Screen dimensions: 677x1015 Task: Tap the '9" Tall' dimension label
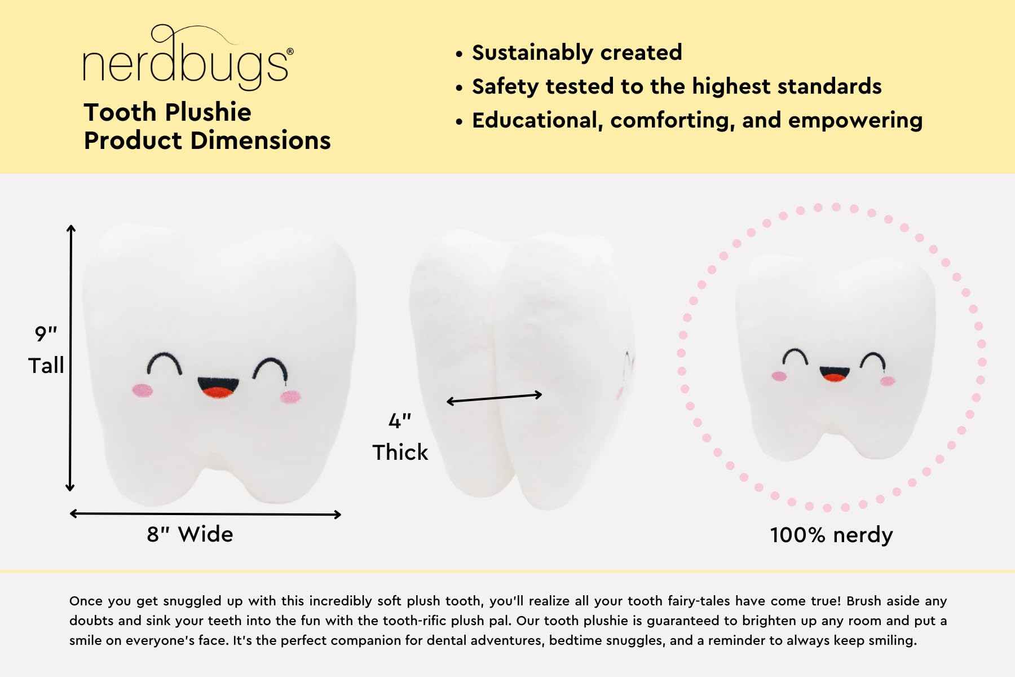tap(46, 350)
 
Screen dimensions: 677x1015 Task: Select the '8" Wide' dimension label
tap(189, 534)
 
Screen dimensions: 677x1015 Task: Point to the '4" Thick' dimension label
tap(400, 437)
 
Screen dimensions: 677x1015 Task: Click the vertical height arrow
tap(70, 358)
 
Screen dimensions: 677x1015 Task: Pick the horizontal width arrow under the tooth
tap(205, 514)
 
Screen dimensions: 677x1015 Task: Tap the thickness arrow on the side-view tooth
tap(494, 398)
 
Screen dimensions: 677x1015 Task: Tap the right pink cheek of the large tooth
tap(290, 397)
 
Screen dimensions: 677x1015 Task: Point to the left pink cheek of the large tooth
tap(143, 390)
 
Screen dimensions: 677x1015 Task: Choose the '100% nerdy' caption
tap(831, 535)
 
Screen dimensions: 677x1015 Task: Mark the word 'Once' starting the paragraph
tap(86, 601)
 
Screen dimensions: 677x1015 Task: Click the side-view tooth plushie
tap(519, 367)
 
